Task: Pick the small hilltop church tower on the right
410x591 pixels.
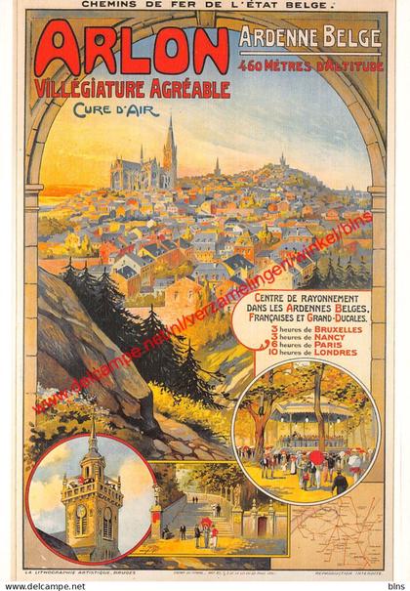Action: [283, 159]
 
